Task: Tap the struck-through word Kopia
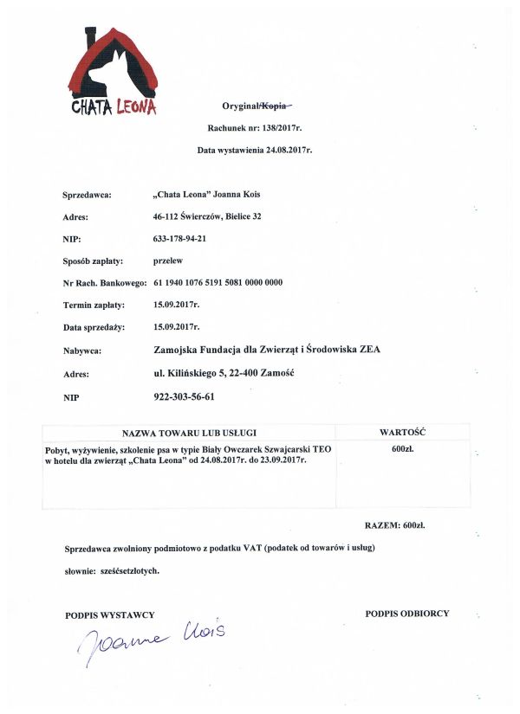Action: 276,106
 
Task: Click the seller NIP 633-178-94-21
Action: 185,238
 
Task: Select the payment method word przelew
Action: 167,260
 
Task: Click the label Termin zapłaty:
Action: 94,305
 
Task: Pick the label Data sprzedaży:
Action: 94,327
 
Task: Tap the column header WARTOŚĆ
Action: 402,431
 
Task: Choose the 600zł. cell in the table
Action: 402,450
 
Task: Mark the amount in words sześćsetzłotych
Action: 127,571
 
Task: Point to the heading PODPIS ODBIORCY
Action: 407,614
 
